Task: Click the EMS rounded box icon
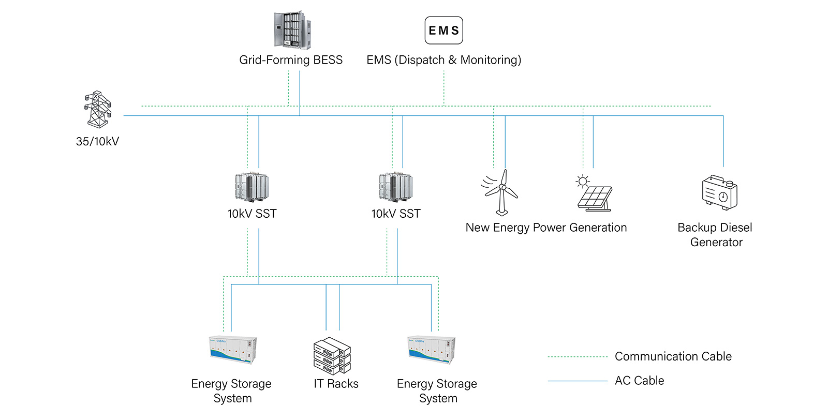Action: pyautogui.click(x=443, y=31)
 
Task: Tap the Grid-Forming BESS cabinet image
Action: pyautogui.click(x=292, y=31)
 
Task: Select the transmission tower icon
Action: pyautogui.click(x=98, y=109)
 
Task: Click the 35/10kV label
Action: pyautogui.click(x=98, y=142)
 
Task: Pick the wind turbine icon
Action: pyautogui.click(x=500, y=192)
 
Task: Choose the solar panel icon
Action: pyautogui.click(x=595, y=199)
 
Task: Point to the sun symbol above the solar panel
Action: pyautogui.click(x=583, y=181)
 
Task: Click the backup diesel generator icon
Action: pyautogui.click(x=719, y=192)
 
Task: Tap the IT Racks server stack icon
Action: pyautogui.click(x=332, y=356)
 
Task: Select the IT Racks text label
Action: pyautogui.click(x=336, y=384)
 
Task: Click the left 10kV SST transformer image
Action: pyautogui.click(x=252, y=187)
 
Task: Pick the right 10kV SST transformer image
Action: pyautogui.click(x=396, y=187)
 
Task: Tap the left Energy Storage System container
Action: pyautogui.click(x=233, y=350)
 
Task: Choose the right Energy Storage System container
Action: pyautogui.click(x=432, y=350)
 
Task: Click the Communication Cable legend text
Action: pyautogui.click(x=673, y=356)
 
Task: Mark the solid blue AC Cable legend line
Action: pyautogui.click(x=578, y=381)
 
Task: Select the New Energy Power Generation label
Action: pyautogui.click(x=546, y=228)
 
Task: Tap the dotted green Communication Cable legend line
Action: pyautogui.click(x=578, y=357)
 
